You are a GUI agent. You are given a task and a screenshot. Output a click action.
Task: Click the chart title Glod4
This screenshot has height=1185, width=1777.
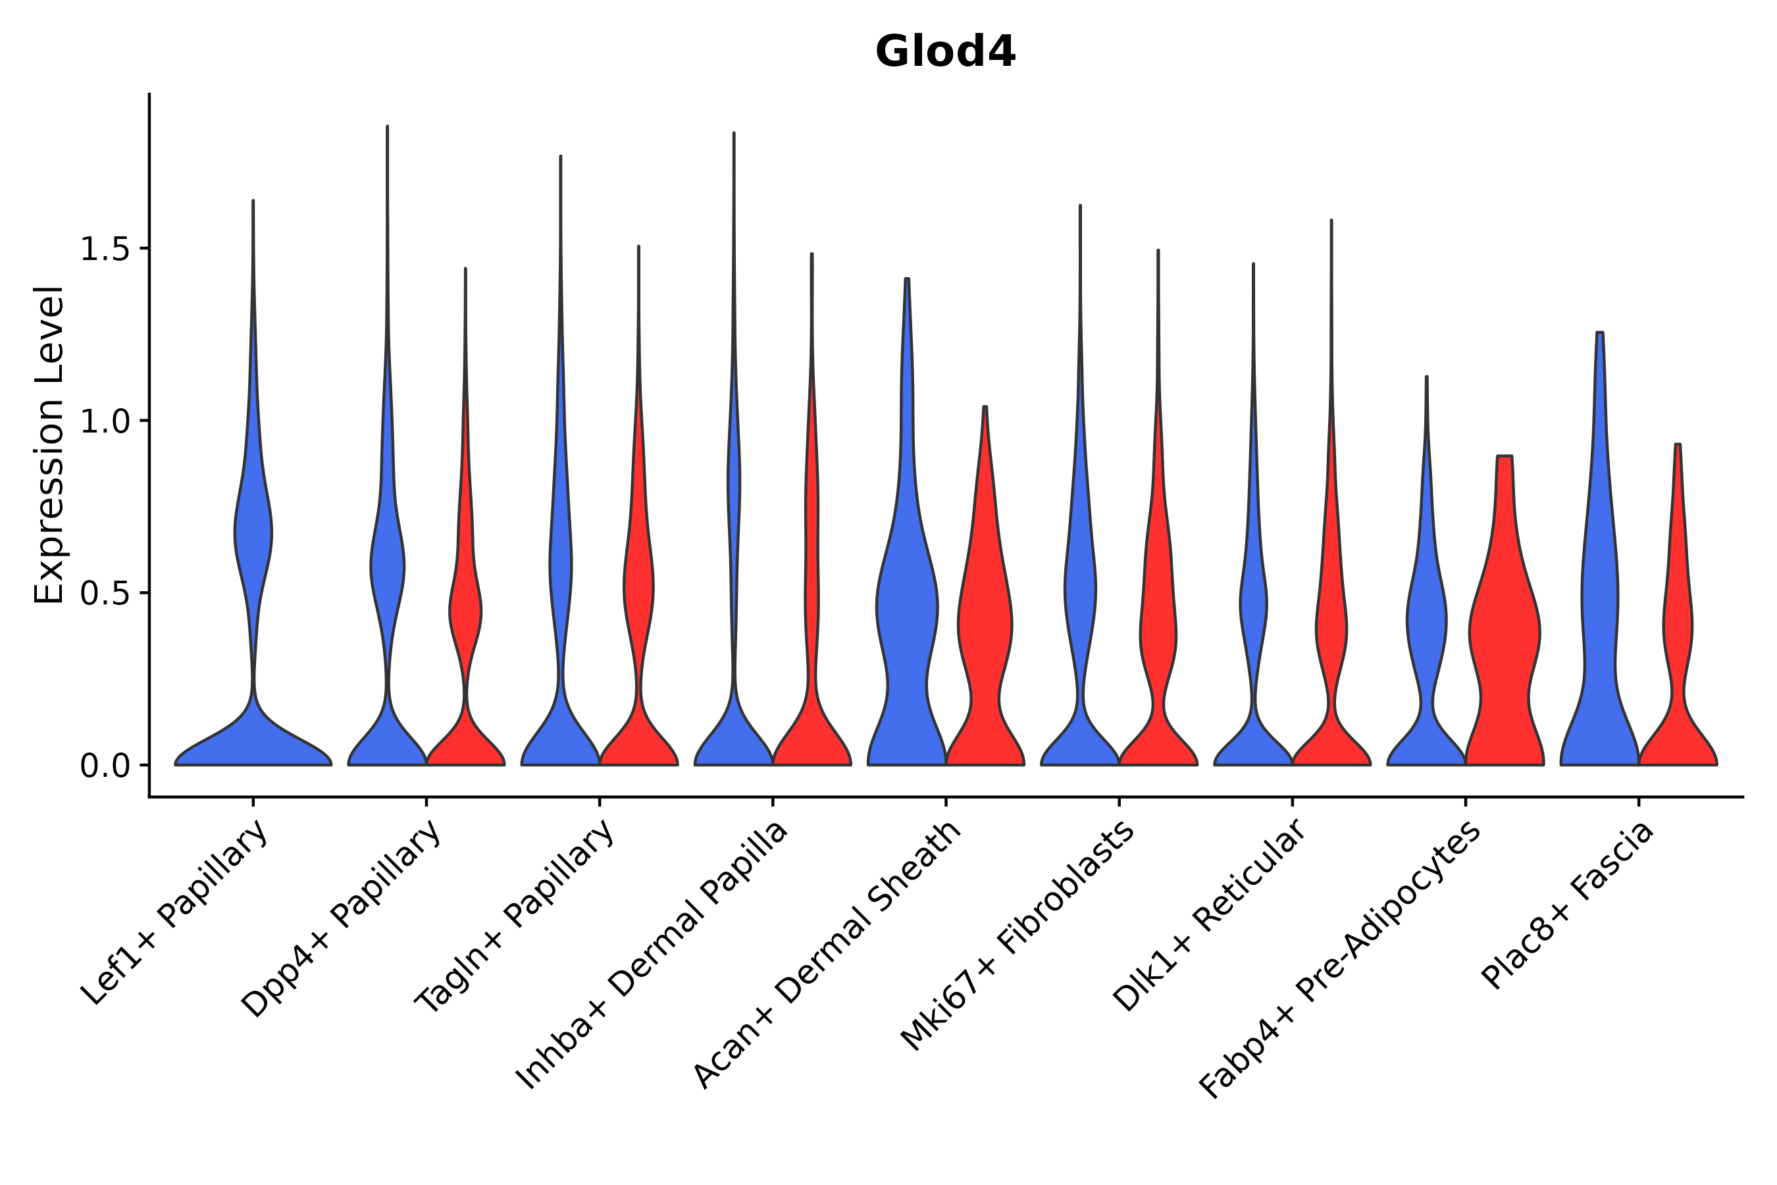click(944, 53)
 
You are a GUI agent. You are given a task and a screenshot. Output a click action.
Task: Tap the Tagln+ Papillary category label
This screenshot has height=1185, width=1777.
click(515, 918)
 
